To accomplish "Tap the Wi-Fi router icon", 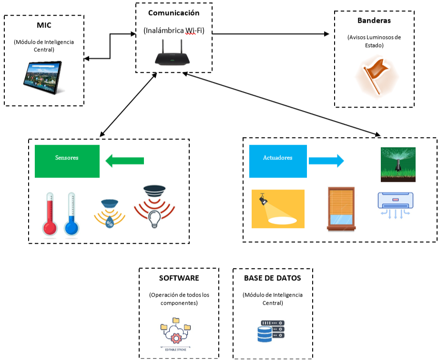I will (x=172, y=53).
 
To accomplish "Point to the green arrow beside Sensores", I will (x=124, y=161).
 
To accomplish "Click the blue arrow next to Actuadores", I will (x=326, y=161).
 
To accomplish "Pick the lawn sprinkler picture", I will (x=398, y=164).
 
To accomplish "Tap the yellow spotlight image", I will (x=278, y=209).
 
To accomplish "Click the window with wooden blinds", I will (x=341, y=209).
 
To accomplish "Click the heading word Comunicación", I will (x=173, y=13).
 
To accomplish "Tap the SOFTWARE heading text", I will (x=179, y=278).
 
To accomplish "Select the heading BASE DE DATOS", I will (x=272, y=278).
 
